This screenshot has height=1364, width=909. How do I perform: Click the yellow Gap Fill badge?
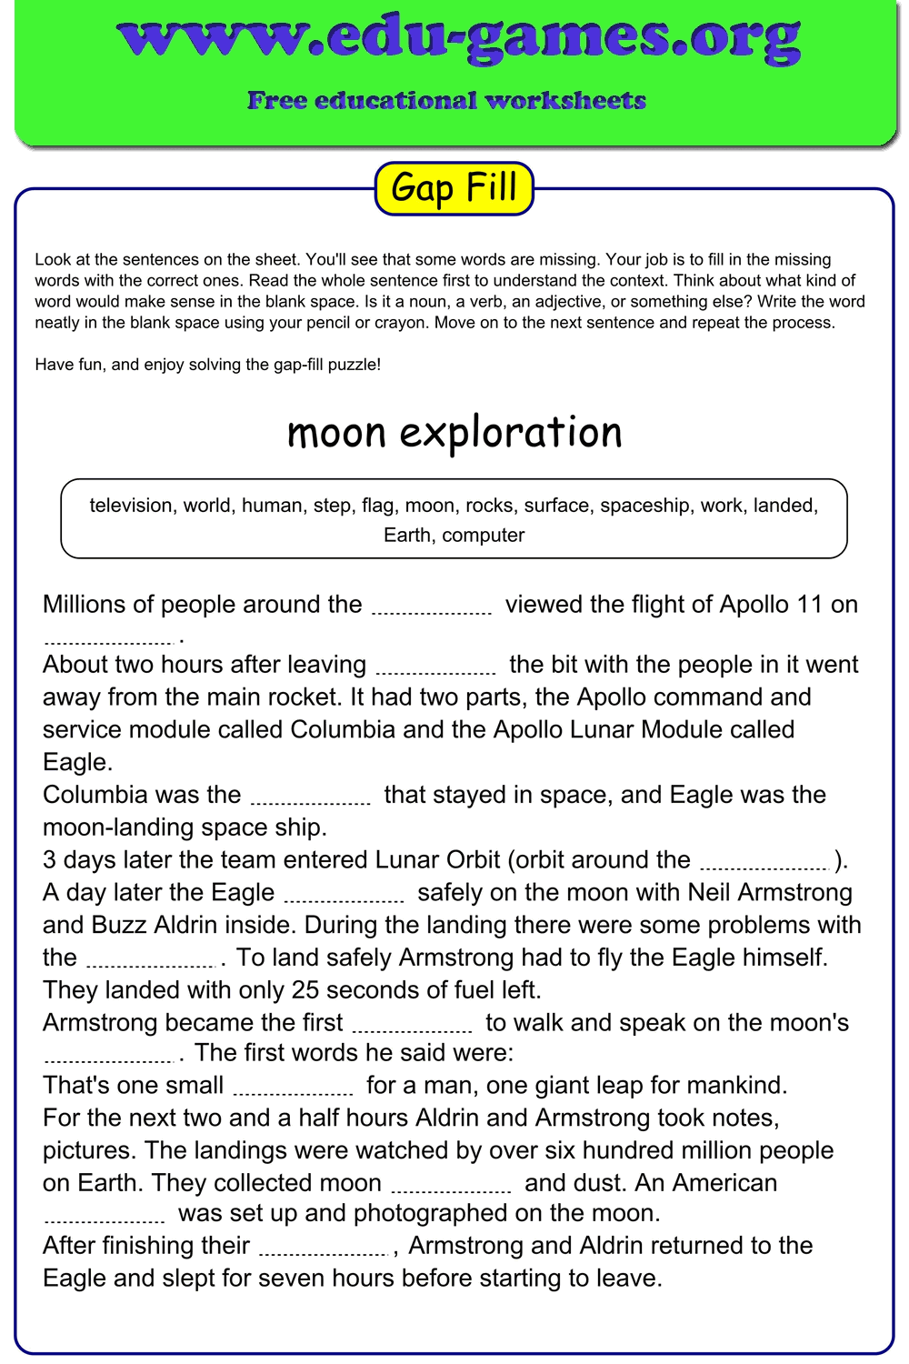coord(454,188)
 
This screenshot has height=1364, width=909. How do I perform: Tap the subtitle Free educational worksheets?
coord(446,100)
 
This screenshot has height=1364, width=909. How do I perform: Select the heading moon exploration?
coord(454,432)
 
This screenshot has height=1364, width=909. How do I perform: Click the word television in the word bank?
coord(131,506)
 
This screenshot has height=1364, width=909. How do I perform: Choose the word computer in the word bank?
coord(484,535)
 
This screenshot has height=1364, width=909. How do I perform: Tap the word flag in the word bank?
coord(377,506)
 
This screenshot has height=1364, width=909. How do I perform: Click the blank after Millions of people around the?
coord(432,607)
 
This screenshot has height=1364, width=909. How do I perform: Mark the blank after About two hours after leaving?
coord(435,667)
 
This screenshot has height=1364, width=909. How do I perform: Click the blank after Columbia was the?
coord(311,797)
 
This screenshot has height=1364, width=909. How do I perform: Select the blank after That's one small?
coord(294,1088)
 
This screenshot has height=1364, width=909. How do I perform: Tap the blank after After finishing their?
coord(325,1249)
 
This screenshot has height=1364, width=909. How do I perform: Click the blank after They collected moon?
coord(451,1186)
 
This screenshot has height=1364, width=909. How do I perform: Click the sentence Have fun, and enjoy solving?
coord(207,365)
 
